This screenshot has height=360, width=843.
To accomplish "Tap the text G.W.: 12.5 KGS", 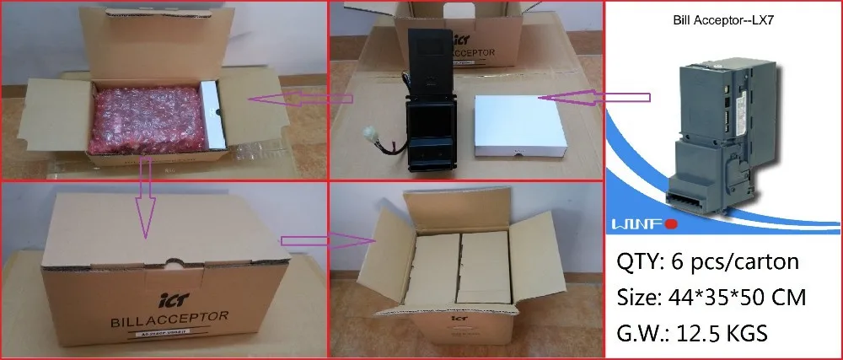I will (690, 333).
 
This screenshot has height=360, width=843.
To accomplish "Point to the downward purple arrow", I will (145, 198).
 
